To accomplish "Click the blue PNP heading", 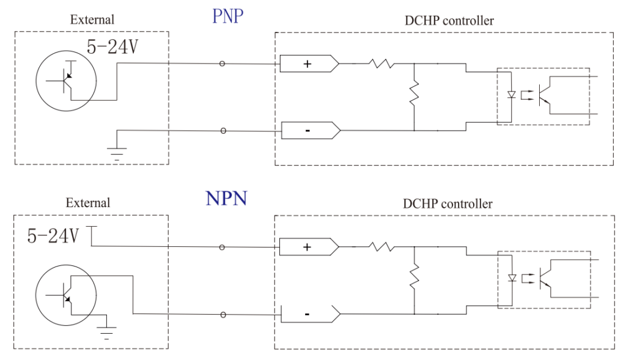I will [228, 17].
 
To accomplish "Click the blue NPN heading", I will [226, 198].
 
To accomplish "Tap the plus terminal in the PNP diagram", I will [307, 64].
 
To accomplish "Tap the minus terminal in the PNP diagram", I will [307, 130].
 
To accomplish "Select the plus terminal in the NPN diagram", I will [307, 247].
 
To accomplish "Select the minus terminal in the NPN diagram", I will [307, 314].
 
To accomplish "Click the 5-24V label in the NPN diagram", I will [53, 236].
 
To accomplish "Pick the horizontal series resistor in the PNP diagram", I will [381, 63].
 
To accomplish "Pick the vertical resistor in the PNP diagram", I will [414, 94].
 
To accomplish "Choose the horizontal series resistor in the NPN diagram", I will [381, 246].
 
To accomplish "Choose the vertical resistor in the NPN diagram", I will [414, 276].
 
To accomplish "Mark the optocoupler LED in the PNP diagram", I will [512, 95].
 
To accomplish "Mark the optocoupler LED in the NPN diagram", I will [512, 278].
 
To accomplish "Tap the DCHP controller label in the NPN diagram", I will [447, 204].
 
